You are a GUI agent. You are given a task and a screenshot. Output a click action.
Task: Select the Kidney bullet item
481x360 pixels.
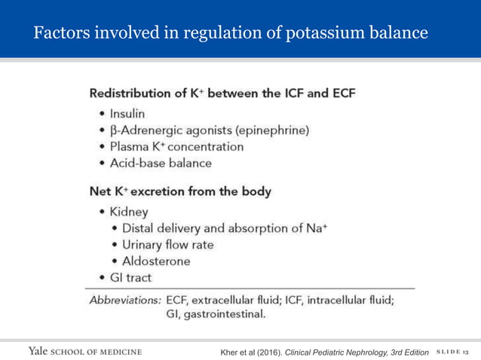(127, 213)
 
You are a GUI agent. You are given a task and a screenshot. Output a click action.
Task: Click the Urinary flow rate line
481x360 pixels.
(167, 245)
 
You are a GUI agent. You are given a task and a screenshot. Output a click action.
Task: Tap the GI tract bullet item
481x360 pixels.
(130, 277)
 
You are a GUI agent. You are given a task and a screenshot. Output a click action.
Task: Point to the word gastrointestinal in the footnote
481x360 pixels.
(225, 314)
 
